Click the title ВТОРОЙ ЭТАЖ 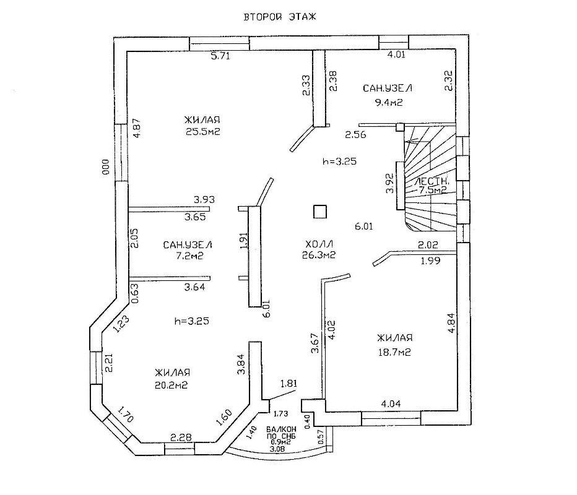point(280,17)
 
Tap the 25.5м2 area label point(203,132)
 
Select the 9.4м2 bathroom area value point(388,102)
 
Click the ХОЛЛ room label point(319,244)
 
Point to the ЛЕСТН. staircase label point(432,181)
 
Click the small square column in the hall point(320,212)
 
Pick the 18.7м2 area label point(394,352)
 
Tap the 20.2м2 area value point(171,385)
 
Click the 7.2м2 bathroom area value point(189,256)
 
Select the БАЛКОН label point(282,429)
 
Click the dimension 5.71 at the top point(220,56)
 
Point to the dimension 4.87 point(137,128)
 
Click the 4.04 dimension point(391,404)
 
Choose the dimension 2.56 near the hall point(355,135)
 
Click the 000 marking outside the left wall point(106,166)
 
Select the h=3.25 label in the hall point(339,161)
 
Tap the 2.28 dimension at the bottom point(180,437)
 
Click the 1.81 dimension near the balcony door point(289,384)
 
